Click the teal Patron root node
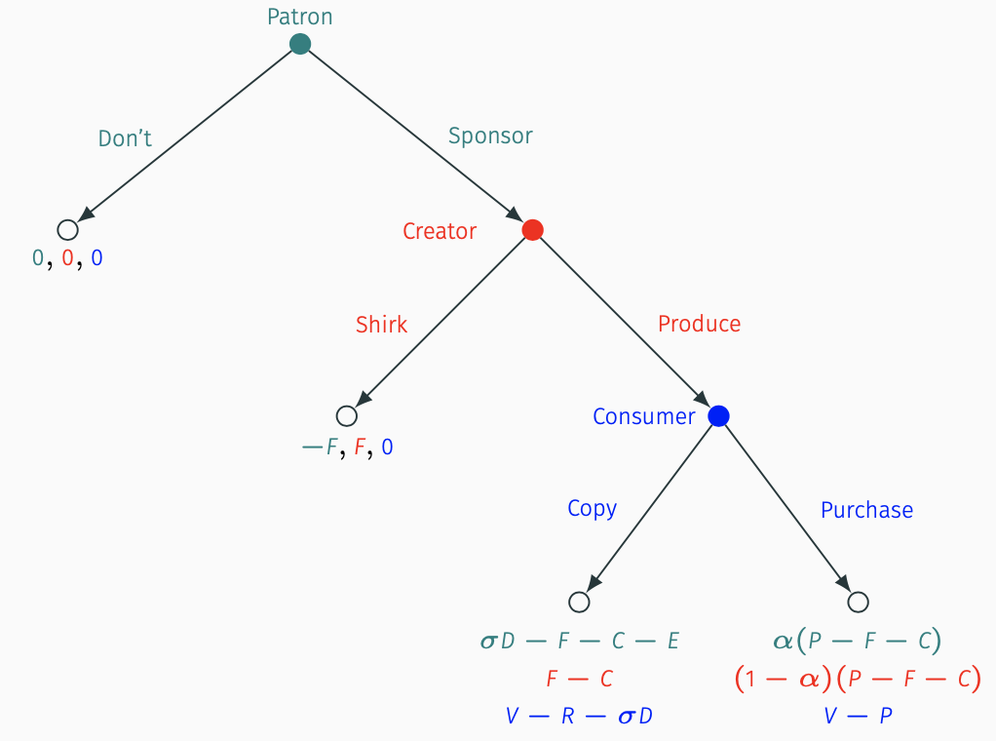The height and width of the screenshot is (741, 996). tap(300, 44)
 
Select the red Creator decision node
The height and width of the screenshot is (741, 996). tap(532, 229)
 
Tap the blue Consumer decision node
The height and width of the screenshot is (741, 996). tap(718, 415)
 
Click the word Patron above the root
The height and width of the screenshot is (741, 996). tap(300, 17)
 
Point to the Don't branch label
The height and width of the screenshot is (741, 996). tap(125, 137)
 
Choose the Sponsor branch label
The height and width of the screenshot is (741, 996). tap(490, 136)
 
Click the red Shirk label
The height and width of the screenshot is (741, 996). tap(381, 324)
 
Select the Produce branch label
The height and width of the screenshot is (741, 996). tap(700, 324)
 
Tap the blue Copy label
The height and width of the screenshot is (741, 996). tap(592, 509)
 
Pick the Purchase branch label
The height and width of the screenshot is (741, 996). tap(867, 510)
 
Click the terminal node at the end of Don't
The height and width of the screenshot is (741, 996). tap(67, 229)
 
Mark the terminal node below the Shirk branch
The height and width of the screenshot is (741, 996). tap(346, 415)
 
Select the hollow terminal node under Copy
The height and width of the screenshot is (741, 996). tap(579, 602)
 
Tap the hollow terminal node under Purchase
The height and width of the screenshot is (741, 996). tap(858, 602)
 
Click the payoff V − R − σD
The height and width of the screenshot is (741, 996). tap(579, 717)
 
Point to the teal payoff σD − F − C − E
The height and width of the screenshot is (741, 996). tap(579, 641)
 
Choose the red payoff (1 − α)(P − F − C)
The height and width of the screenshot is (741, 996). tap(858, 678)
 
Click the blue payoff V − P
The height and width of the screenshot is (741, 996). tap(858, 717)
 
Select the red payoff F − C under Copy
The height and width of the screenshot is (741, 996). tap(579, 679)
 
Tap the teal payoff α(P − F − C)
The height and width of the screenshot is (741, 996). tap(858, 640)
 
